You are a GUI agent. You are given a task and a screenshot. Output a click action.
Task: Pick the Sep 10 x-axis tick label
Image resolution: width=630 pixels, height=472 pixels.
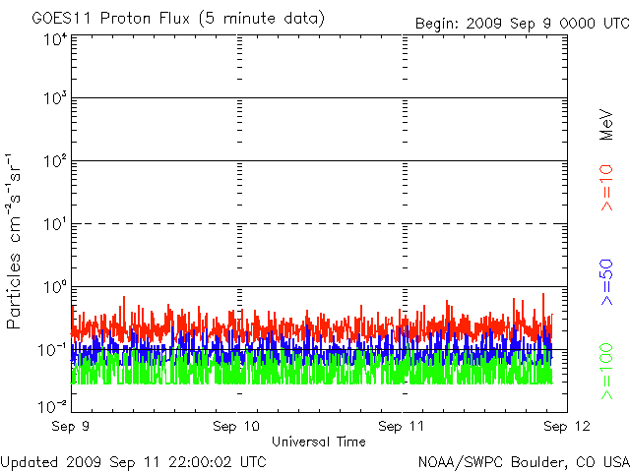pyautogui.click(x=237, y=427)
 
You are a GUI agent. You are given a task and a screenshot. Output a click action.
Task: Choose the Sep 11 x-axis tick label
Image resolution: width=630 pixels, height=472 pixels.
pyautogui.click(x=402, y=427)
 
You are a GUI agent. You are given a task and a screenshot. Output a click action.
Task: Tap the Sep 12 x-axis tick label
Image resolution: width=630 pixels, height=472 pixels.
pyautogui.click(x=562, y=427)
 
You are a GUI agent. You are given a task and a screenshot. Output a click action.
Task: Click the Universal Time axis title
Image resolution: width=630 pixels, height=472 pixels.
pyautogui.click(x=318, y=442)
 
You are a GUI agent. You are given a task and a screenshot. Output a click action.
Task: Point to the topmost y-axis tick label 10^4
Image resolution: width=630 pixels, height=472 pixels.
pyautogui.click(x=55, y=39)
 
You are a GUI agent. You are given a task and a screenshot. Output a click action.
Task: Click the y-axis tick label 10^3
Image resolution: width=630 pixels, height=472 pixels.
pyautogui.click(x=55, y=99)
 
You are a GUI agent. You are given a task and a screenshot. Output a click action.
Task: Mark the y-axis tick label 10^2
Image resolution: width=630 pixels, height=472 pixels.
pyautogui.click(x=55, y=161)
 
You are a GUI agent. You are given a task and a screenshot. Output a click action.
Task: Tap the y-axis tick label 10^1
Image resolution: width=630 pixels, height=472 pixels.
pyautogui.click(x=55, y=224)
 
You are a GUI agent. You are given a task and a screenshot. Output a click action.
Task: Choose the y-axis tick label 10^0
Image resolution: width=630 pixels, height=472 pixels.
pyautogui.click(x=55, y=287)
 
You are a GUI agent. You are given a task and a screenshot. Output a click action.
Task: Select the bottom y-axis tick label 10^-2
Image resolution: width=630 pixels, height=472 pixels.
pyautogui.click(x=53, y=405)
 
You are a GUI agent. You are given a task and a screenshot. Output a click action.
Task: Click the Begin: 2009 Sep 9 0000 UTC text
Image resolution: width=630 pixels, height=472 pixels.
pyautogui.click(x=519, y=23)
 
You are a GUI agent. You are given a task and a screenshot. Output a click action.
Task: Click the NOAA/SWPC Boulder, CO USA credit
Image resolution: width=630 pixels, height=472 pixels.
pyautogui.click(x=523, y=461)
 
